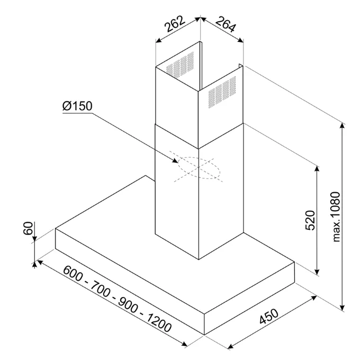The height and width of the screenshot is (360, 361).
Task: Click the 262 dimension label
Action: point(176,24)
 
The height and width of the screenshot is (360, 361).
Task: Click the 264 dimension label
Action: point(226,24)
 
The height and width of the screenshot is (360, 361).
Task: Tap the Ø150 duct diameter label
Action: point(77,106)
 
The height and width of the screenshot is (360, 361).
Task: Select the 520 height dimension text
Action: point(310,220)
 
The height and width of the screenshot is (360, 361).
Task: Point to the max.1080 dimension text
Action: point(336,217)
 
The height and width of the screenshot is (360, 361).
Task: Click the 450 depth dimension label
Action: point(269,317)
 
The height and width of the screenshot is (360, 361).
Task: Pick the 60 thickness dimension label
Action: point(28,228)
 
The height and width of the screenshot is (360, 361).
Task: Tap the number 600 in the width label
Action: point(73,273)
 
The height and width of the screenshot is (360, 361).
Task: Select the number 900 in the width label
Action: point(128,305)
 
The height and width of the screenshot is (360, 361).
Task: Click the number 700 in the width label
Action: point(100,289)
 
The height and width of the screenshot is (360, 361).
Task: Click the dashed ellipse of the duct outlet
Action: point(198,168)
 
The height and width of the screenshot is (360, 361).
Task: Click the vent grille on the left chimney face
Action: point(180,64)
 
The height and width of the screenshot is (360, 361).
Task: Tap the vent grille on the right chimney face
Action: point(222,92)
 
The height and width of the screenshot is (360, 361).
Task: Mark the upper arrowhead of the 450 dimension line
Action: point(314,298)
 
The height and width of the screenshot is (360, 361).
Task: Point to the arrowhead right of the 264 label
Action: point(240,40)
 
